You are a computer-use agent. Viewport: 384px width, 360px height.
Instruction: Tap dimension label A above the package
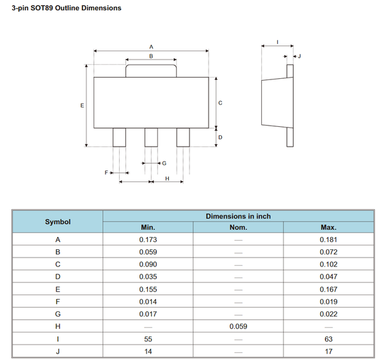(x=151, y=47)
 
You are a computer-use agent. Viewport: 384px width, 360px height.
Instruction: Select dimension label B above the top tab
(x=151, y=56)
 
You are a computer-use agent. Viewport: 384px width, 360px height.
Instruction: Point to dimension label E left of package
(x=81, y=105)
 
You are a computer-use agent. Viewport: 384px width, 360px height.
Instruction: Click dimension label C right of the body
(x=220, y=102)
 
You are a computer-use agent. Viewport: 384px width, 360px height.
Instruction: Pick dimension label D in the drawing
(x=220, y=137)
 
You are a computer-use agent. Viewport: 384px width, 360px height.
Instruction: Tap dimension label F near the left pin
(x=107, y=173)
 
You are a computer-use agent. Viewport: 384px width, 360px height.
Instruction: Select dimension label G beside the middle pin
(x=164, y=163)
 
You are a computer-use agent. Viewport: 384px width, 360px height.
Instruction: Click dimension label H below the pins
(x=166, y=179)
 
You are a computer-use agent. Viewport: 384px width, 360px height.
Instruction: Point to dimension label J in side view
(x=299, y=57)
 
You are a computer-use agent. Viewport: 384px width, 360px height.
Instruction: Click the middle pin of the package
(x=151, y=137)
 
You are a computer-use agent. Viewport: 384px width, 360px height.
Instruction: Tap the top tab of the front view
(x=151, y=70)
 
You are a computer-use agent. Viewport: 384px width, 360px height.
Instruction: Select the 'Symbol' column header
(x=58, y=222)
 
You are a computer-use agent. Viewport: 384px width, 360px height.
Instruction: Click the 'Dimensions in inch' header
(x=238, y=216)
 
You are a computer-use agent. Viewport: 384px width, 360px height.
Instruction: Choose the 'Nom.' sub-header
(x=238, y=227)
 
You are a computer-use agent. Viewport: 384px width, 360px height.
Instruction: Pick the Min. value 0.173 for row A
(x=148, y=240)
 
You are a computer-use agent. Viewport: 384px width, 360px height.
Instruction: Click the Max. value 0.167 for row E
(x=328, y=290)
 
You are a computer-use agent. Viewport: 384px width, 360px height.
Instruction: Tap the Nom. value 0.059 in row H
(x=238, y=327)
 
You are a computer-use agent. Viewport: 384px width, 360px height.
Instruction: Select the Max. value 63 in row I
(x=328, y=340)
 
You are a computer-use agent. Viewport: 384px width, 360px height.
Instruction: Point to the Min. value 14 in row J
(x=148, y=352)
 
